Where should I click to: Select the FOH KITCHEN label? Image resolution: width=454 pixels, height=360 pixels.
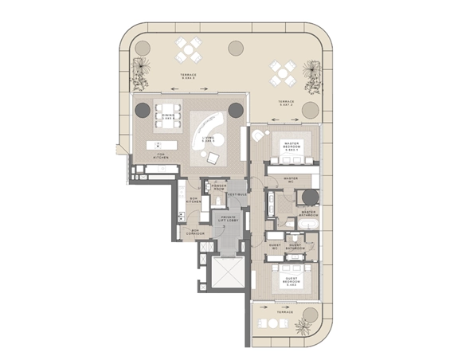click(160, 156)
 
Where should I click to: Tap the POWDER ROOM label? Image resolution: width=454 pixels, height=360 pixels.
click(218, 187)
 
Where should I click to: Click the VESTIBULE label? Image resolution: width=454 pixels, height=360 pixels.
click(237, 194)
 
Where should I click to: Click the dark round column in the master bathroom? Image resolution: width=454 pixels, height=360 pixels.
click(309, 196)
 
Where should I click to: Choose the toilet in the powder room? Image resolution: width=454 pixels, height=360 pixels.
click(209, 189)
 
